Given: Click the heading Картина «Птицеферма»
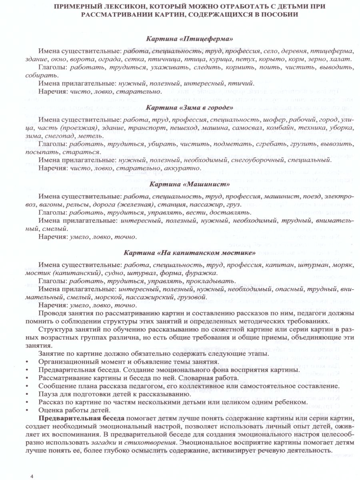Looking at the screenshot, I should [189, 39].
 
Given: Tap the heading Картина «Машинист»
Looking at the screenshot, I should [189, 184].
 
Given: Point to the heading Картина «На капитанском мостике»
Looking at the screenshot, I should [189, 253].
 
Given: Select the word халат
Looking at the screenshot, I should [340, 59].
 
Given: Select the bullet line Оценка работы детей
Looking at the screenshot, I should [73, 410].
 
